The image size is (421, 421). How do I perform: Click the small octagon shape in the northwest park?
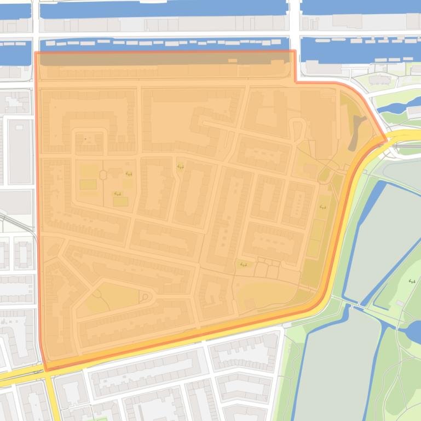pyautogui.click(x=102, y=174)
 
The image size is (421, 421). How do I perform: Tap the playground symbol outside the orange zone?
pyautogui.click(x=411, y=282)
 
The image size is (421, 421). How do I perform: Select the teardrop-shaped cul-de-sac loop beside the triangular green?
pyautogui.click(x=146, y=297)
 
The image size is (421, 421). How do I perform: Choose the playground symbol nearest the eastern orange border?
pyautogui.click(x=322, y=207)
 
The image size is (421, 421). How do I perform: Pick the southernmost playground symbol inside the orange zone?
pyautogui.click(x=243, y=265)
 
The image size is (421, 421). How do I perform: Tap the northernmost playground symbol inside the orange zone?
pyautogui.click(x=180, y=167)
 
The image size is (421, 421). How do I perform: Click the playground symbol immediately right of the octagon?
pyautogui.click(x=129, y=174)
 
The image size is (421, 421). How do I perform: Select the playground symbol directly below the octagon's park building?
pyautogui.click(x=117, y=194)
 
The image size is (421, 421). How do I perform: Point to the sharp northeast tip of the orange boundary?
pyautogui.click(x=387, y=139)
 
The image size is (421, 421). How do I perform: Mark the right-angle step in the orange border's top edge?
pyautogui.click(x=295, y=82)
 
